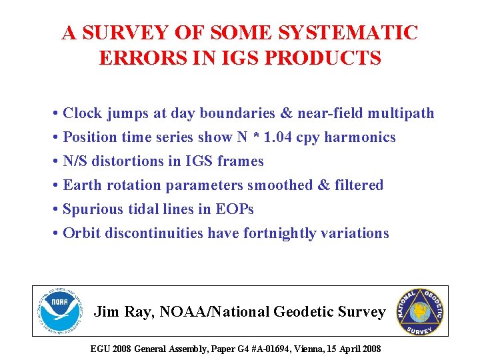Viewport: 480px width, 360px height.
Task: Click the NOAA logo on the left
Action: tap(60, 311)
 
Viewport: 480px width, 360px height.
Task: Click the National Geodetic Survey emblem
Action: tap(420, 311)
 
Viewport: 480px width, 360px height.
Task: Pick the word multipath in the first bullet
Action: tap(401, 113)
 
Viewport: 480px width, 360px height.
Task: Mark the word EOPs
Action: tap(235, 209)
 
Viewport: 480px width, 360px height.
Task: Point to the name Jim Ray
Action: tap(119, 311)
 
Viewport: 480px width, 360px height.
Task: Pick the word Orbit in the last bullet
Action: tap(81, 233)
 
